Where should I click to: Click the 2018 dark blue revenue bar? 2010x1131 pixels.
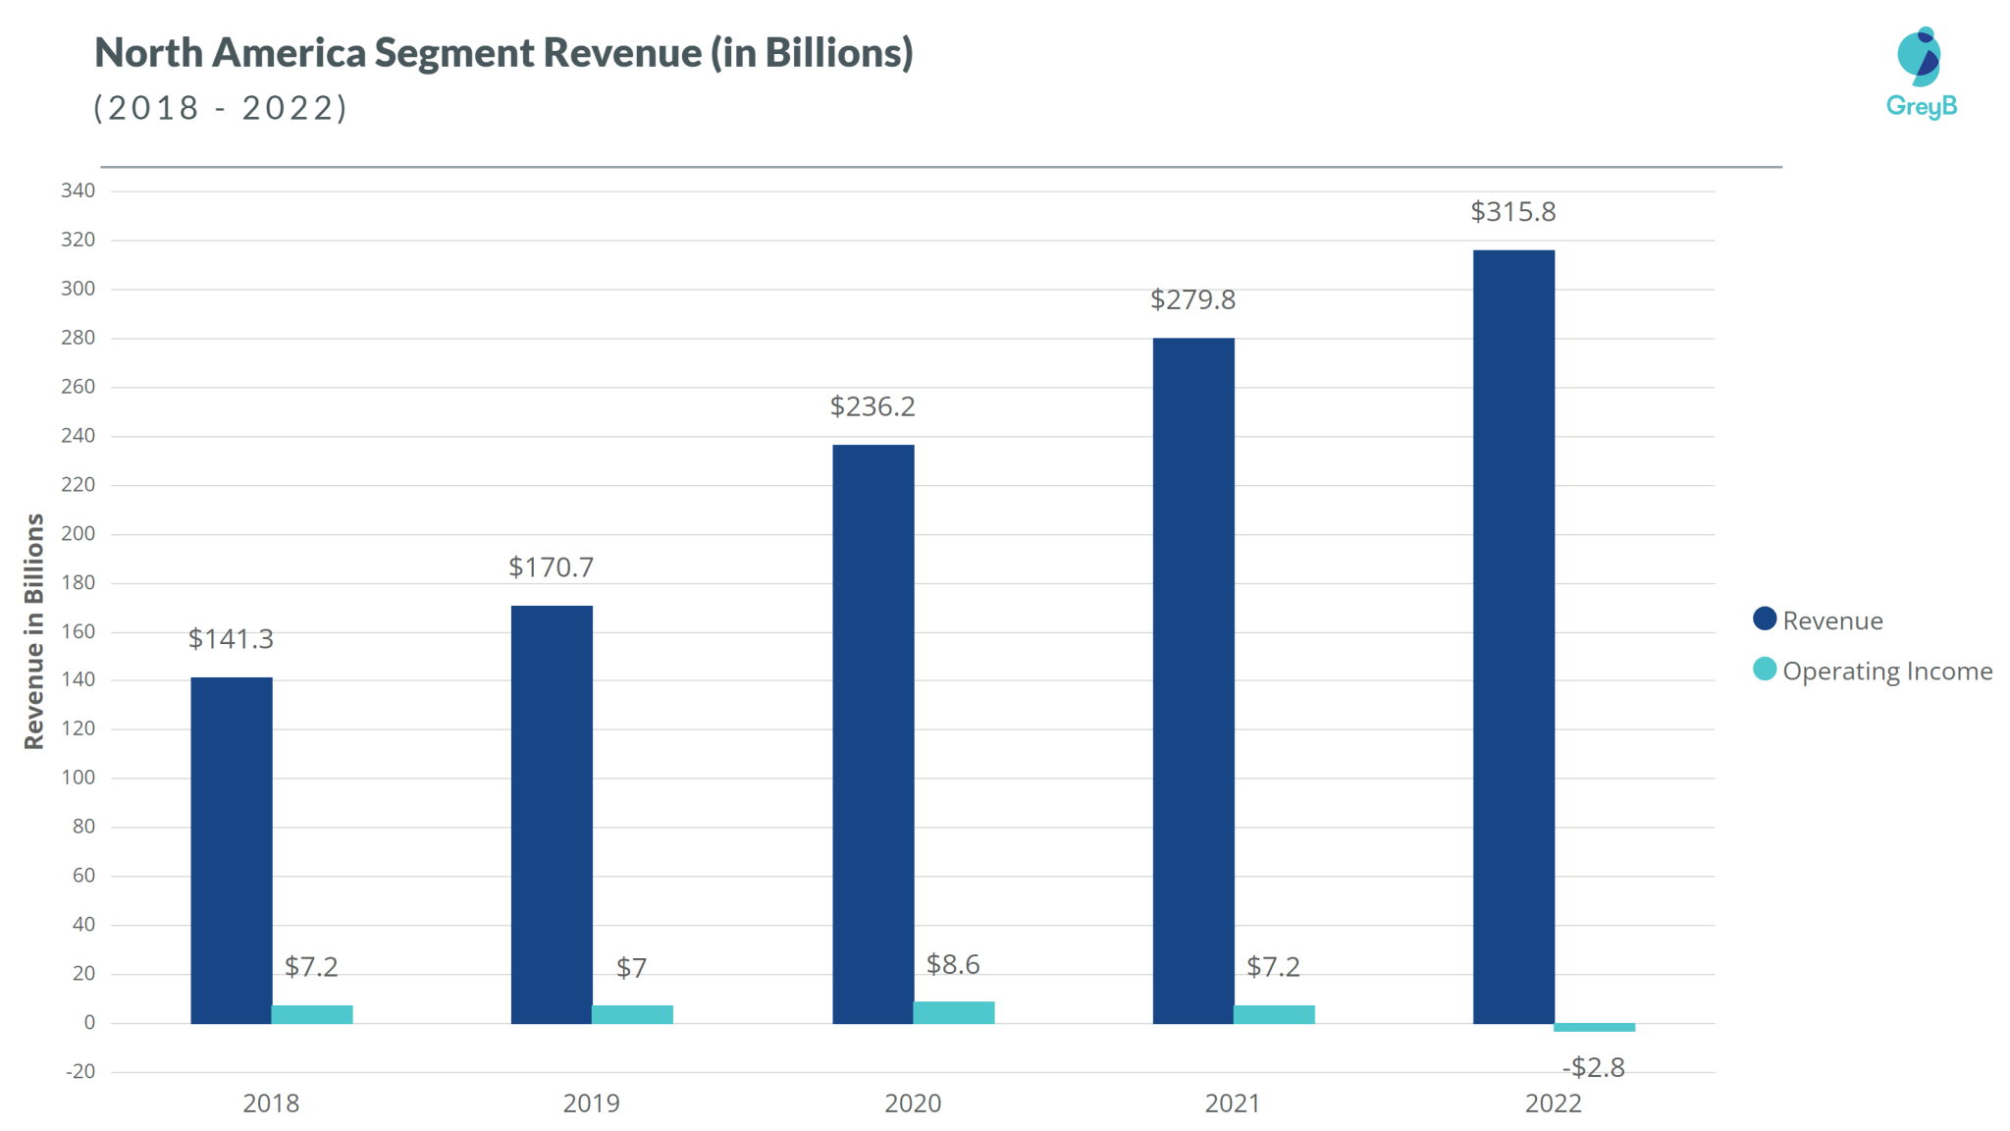232,850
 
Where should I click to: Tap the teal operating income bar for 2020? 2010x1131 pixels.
953,1012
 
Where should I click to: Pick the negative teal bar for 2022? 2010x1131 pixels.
1594,1027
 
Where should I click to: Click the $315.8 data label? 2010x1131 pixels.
1512,212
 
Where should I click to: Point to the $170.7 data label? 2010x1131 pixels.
551,567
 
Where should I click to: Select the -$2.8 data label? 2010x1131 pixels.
1593,1067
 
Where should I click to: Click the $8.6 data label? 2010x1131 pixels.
953,965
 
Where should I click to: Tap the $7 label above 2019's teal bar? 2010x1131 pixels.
631,969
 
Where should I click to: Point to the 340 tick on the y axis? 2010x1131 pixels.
79,190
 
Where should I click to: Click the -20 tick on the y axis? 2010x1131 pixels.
80,1071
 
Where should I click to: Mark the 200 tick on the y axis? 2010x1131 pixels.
79,533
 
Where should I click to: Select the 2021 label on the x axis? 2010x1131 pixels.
1233,1104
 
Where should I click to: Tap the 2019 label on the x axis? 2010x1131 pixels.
591,1104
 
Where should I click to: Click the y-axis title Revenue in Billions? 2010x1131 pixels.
34,631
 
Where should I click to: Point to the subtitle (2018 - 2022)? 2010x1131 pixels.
221,108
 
